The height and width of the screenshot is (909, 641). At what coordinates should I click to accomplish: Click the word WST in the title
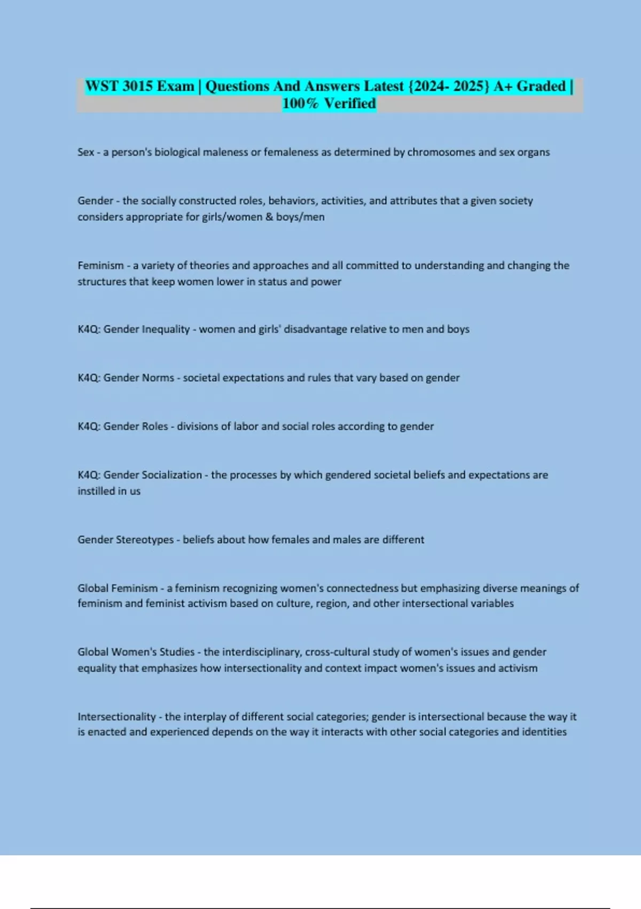(102, 86)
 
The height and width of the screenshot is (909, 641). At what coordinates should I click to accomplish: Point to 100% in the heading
(300, 103)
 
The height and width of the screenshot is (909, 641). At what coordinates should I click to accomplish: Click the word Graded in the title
(541, 86)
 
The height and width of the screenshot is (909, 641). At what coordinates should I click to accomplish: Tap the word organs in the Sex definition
(533, 152)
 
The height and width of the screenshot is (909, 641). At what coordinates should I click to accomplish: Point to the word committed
(372, 266)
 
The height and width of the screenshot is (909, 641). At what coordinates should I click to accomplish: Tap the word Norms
(158, 378)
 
